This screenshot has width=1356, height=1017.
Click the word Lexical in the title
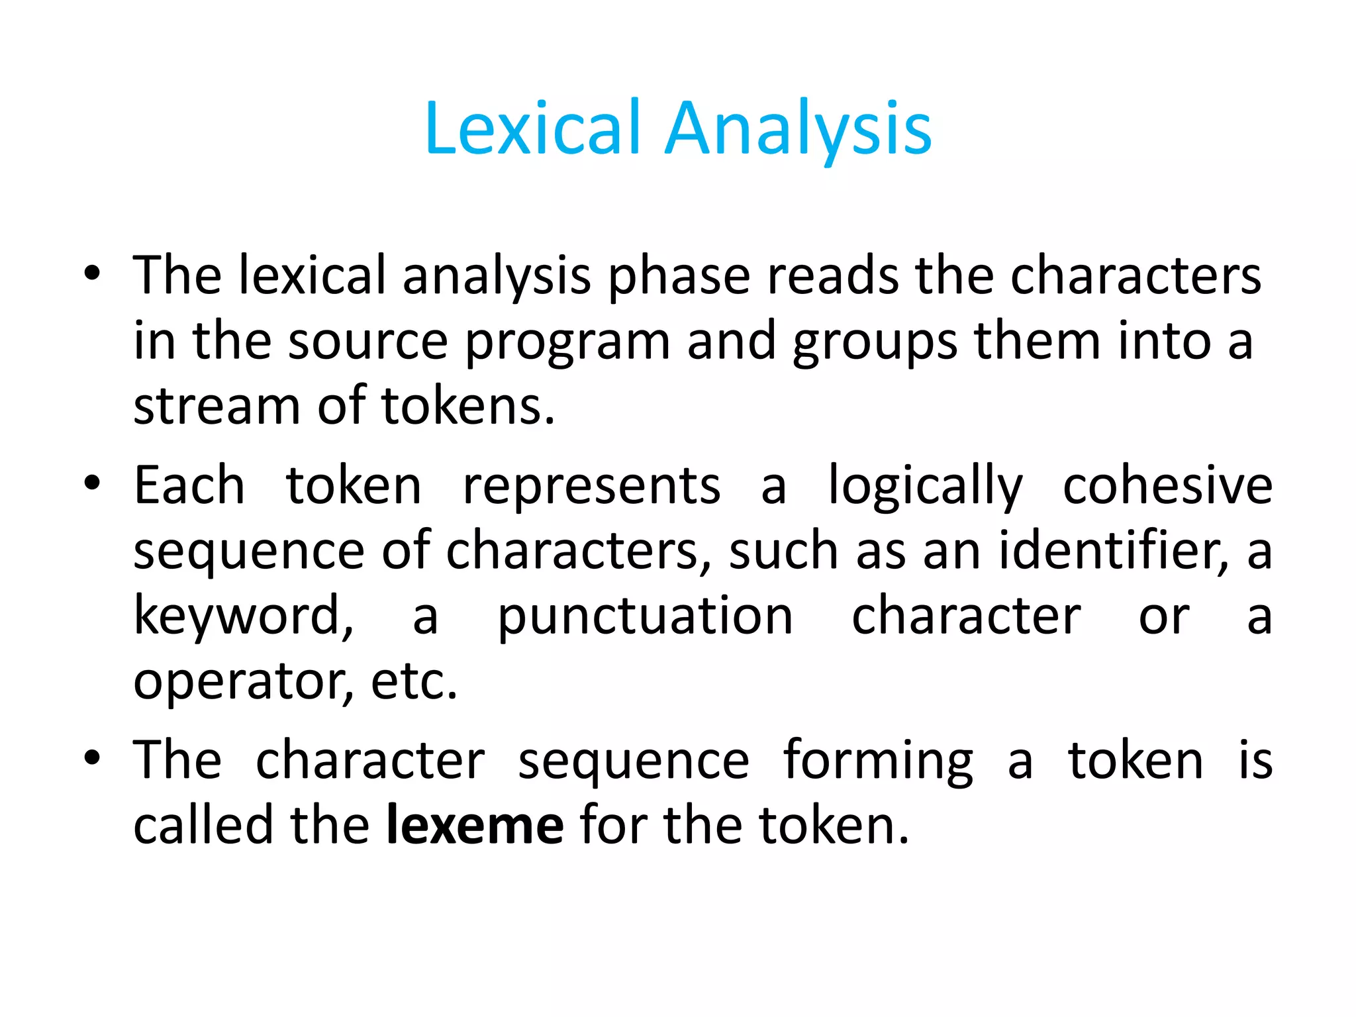pos(533,128)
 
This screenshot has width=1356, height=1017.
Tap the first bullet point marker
pos(92,273)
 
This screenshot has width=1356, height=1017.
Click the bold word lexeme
pos(475,825)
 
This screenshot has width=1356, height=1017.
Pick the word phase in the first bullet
pos(679,277)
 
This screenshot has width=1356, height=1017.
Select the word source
pos(368,342)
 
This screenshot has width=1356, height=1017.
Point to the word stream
pos(217,405)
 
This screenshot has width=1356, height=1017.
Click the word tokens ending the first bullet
pos(467,405)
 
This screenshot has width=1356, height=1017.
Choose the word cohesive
pos(1167,485)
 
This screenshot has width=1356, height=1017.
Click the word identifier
pos(1112,551)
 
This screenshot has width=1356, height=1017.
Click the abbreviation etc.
pos(414,682)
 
